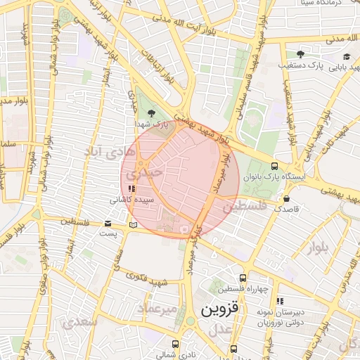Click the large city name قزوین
(x=220, y=308)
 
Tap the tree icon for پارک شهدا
(x=152, y=113)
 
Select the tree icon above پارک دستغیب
(x=300, y=54)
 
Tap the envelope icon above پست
(x=107, y=224)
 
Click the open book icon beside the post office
(x=134, y=225)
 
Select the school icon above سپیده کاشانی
(x=131, y=188)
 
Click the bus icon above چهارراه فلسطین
(x=243, y=278)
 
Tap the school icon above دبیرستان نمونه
(x=280, y=301)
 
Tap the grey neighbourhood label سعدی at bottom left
(x=77, y=323)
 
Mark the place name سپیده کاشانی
(x=127, y=200)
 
